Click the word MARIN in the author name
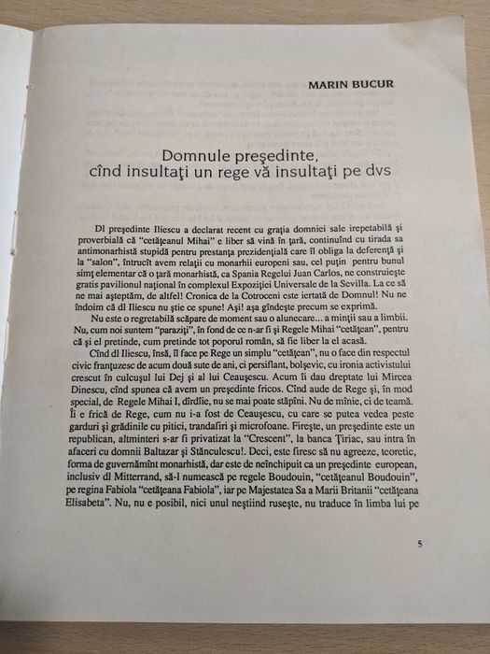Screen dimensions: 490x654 click(328, 84)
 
